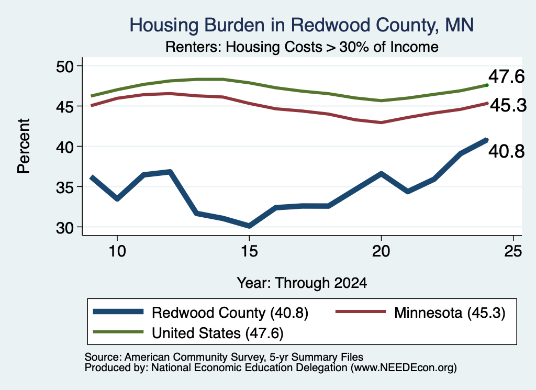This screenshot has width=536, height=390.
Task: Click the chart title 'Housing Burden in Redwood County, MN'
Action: click(301, 25)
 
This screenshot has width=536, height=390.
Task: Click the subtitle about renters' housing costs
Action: click(302, 47)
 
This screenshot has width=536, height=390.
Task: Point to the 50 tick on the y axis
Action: click(65, 66)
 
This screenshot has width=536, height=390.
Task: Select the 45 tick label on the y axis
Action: click(65, 107)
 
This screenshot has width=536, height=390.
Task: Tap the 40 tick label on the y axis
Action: click(65, 147)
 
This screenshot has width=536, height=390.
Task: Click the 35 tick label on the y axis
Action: click(65, 187)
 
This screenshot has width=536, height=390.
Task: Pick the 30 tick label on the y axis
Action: click(65, 228)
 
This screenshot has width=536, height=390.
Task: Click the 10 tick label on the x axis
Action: click(117, 251)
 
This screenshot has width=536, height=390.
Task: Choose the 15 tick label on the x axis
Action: click(249, 251)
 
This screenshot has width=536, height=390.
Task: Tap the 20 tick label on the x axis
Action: click(381, 251)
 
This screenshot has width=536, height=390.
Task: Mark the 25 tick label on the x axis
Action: click(513, 251)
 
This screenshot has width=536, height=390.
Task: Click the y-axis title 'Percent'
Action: click(24, 146)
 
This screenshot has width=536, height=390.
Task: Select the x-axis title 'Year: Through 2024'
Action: click(302, 283)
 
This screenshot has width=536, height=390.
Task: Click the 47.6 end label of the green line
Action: click(506, 76)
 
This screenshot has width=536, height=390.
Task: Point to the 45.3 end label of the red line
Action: click(508, 105)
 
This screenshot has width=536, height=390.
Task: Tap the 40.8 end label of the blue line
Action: click(506, 151)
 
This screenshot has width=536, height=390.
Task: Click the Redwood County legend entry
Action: click(200, 313)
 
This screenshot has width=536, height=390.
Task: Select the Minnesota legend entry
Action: click(420, 313)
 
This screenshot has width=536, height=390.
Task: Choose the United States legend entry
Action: click(188, 333)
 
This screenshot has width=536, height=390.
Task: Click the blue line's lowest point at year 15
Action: click(249, 226)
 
